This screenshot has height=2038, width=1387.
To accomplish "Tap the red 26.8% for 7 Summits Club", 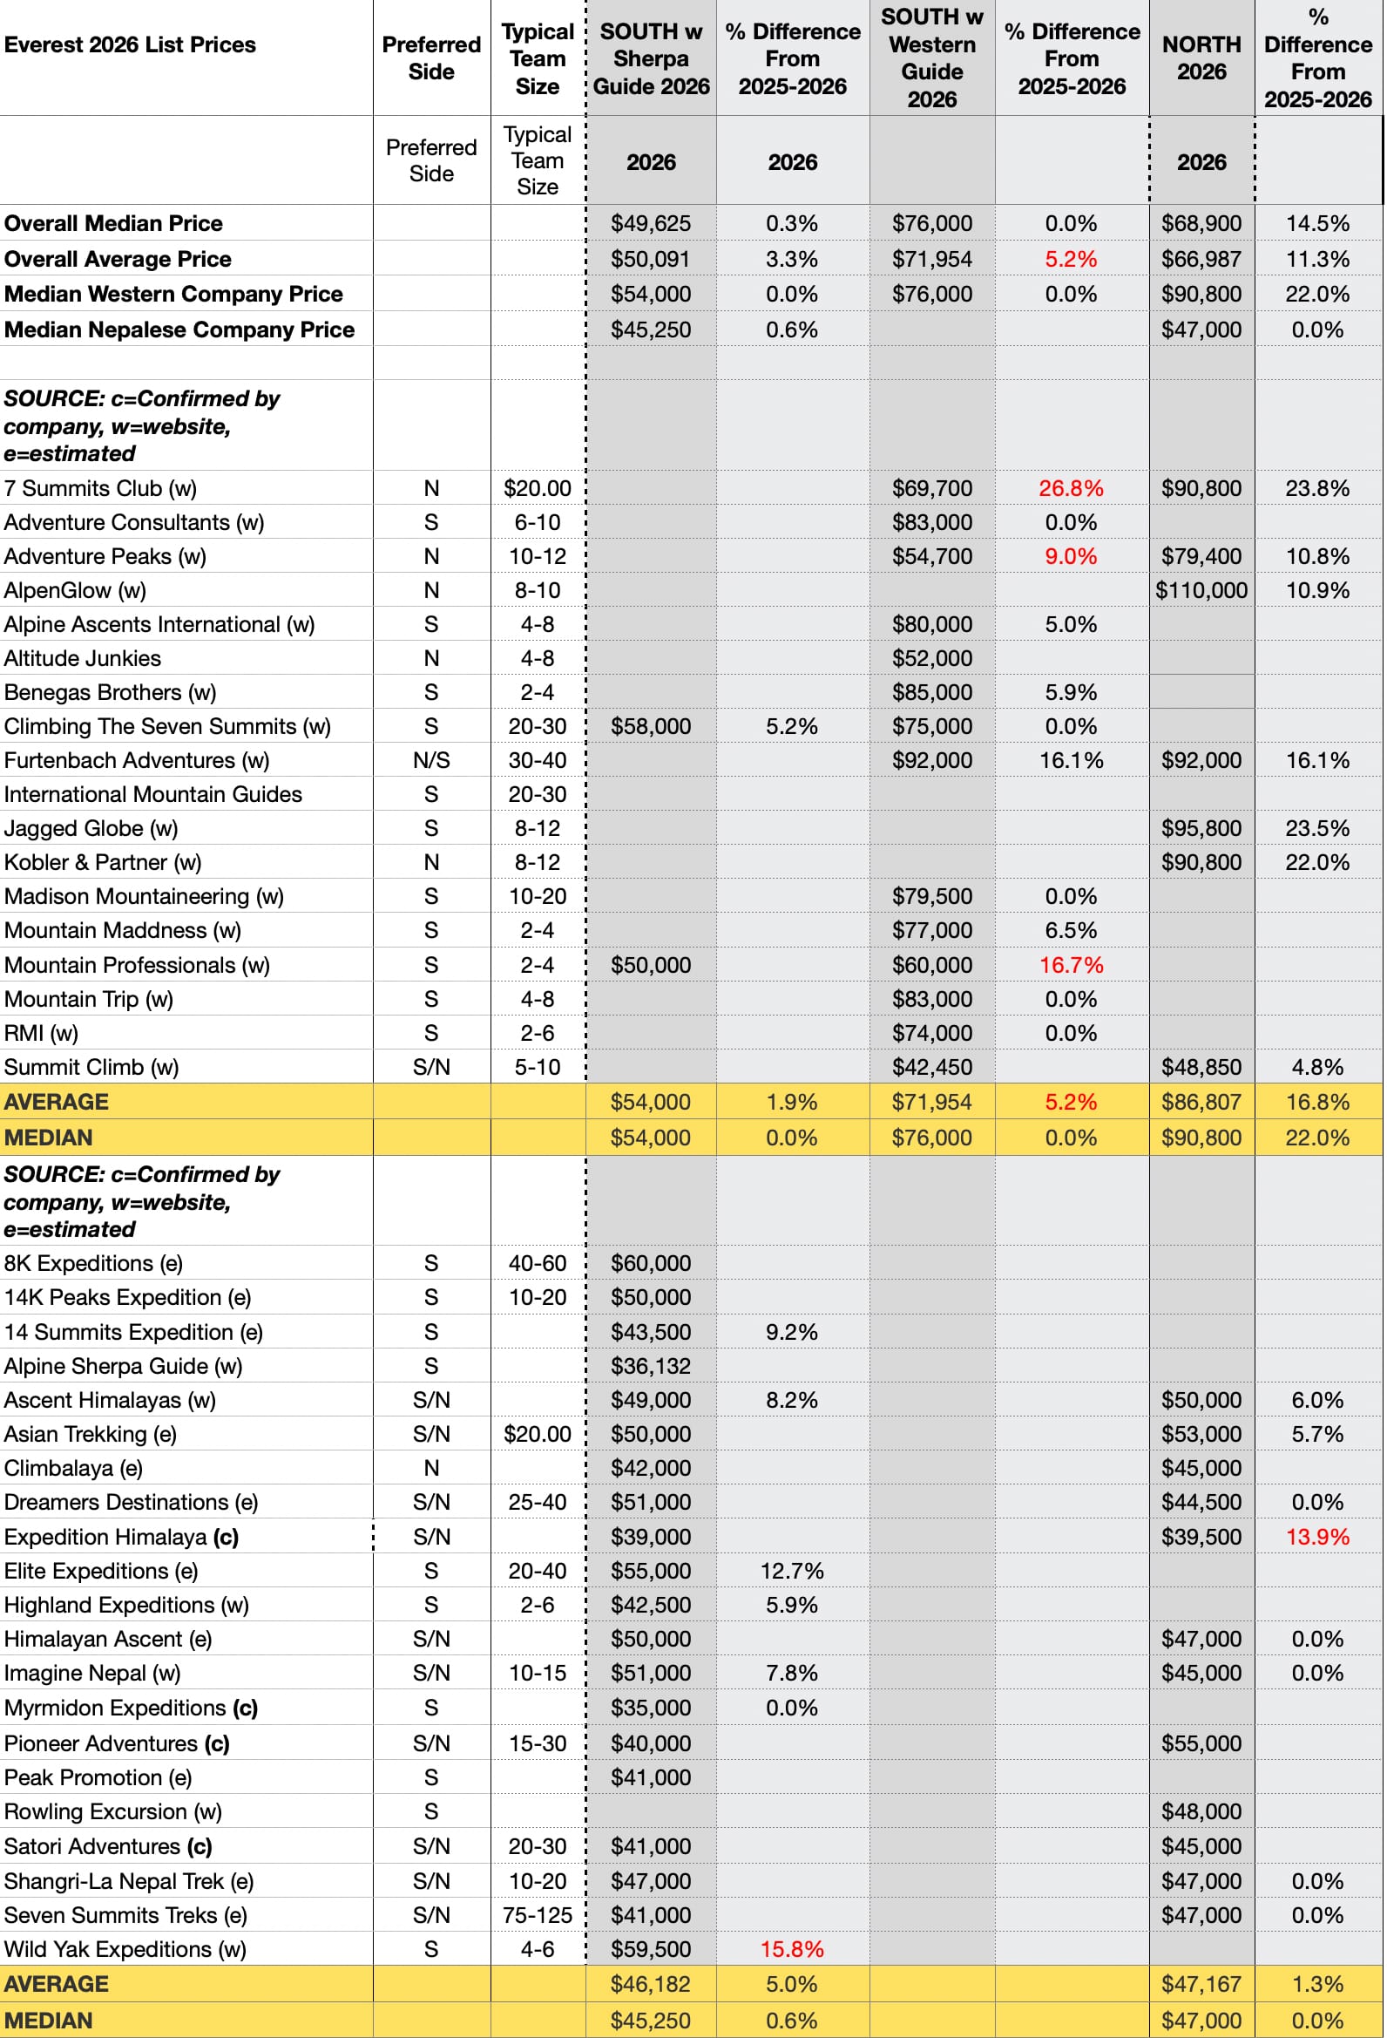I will (x=1072, y=488).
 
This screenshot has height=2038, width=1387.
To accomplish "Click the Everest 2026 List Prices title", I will (x=130, y=44).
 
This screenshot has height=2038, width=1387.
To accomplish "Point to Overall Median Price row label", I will (x=113, y=224).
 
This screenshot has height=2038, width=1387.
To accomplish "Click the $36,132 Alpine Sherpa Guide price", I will (x=652, y=1367).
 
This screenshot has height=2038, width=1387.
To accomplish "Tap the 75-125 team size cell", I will (x=538, y=1916).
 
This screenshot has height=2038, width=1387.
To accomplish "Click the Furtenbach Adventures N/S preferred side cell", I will (x=431, y=761).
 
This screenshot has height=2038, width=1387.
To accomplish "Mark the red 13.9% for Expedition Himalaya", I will (x=1319, y=1538).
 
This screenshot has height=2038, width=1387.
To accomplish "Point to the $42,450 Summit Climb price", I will (x=933, y=1068).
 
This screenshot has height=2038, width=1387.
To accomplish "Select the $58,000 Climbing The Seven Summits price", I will (x=652, y=727).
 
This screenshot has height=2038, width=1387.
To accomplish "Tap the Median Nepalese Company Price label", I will (x=179, y=330).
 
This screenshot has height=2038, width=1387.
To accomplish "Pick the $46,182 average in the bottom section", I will (x=652, y=1985).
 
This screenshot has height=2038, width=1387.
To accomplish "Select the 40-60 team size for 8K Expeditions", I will (x=538, y=1264).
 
